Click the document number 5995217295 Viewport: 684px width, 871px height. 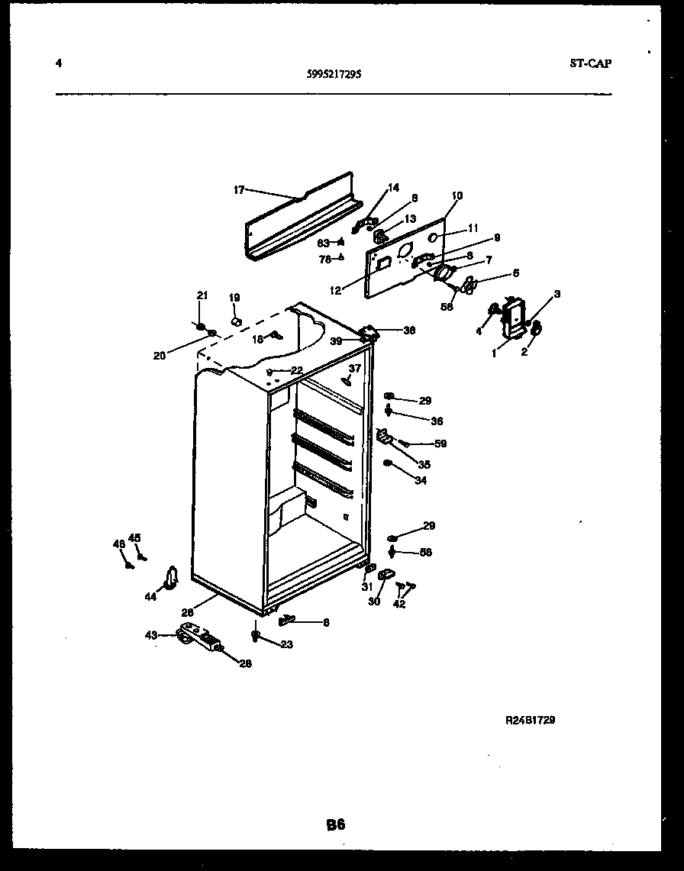335,75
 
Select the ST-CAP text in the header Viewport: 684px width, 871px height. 589,64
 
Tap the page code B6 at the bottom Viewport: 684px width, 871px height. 336,824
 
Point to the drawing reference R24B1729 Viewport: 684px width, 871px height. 530,720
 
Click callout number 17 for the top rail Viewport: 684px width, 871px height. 239,190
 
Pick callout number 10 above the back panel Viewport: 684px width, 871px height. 457,196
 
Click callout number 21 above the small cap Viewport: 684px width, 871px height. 202,295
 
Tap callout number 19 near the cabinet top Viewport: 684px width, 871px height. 234,298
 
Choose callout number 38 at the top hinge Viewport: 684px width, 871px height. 409,331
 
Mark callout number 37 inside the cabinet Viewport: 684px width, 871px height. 354,368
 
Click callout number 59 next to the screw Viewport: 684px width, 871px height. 440,444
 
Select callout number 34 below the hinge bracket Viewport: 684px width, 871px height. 421,481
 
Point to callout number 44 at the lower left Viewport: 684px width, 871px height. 151,597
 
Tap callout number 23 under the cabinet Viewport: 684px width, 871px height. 286,644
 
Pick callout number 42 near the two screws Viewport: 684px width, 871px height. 399,604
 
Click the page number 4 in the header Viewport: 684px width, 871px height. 59,63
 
